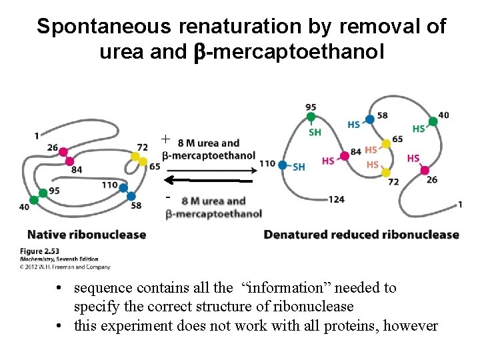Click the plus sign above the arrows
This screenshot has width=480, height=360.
[166, 139]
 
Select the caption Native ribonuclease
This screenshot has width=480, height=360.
[87, 234]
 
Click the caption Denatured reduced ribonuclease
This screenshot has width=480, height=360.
[361, 234]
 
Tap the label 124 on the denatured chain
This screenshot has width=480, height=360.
[337, 199]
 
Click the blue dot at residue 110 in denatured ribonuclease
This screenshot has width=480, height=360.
[283, 165]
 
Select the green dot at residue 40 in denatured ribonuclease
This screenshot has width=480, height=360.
[433, 121]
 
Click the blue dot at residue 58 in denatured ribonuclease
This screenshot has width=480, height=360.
[370, 119]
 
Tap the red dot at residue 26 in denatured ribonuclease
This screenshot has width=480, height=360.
[425, 170]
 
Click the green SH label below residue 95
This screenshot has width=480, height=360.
[315, 132]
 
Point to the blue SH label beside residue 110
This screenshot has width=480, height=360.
[299, 167]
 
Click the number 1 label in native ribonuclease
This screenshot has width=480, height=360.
[36, 136]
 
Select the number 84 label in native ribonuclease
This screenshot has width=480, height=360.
[77, 169]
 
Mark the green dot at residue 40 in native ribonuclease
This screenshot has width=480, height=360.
[43, 193]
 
